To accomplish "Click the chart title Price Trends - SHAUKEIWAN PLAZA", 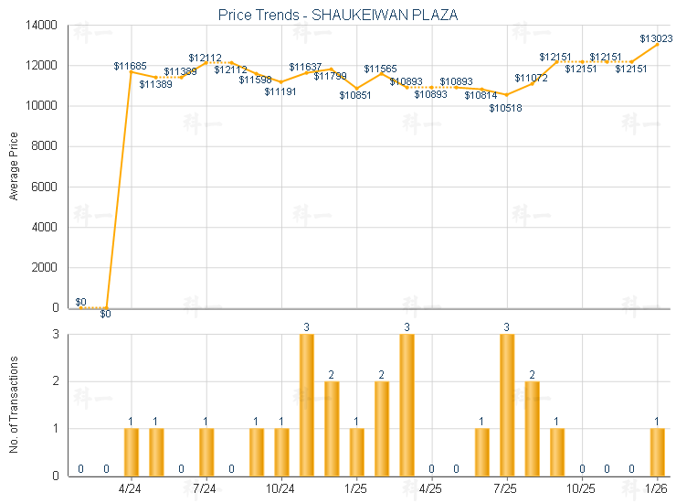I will tap(338, 15).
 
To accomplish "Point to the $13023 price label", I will tap(656, 38).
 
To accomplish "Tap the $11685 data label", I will tap(130, 65).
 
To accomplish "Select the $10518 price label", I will tap(505, 108).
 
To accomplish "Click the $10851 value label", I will tap(355, 95).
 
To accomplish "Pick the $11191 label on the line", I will tap(280, 91).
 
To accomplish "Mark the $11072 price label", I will tap(531, 78).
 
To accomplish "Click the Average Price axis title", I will tap(14, 166).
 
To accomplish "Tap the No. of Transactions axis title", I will tap(14, 404).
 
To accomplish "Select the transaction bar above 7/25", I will tap(507, 405).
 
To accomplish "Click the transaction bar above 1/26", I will tap(657, 452).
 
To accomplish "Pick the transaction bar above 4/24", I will tap(132, 452).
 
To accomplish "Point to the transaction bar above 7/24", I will tap(206, 452).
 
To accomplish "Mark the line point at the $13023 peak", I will tap(657, 45).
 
